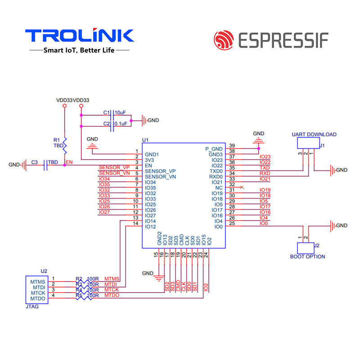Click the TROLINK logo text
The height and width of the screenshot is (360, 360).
(79, 36)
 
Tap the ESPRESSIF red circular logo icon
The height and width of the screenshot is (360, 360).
(224, 40)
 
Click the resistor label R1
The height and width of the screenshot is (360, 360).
(56, 140)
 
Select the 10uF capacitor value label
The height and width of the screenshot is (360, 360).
(120, 112)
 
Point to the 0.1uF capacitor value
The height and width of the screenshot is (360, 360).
(121, 123)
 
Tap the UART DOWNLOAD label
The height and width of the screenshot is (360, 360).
(314, 135)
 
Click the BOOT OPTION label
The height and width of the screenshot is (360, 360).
(307, 256)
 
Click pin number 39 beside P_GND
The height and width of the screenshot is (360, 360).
(232, 145)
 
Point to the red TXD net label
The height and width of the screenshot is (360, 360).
(265, 168)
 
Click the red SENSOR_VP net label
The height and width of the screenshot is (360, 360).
(114, 168)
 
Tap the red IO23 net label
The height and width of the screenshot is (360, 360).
(265, 157)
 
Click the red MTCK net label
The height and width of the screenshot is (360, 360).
(112, 290)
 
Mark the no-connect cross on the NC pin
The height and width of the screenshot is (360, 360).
(243, 187)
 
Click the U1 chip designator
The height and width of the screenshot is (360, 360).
(145, 140)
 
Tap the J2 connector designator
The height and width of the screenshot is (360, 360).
(316, 245)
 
